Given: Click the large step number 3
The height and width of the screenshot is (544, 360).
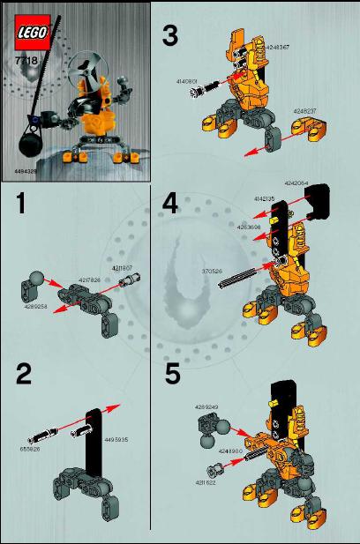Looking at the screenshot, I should click(x=170, y=36).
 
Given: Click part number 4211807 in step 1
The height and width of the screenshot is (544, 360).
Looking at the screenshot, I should click(x=122, y=267).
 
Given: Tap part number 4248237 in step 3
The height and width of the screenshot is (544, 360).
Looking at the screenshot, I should click(x=306, y=111).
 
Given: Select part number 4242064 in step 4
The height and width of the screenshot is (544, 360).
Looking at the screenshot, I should click(x=297, y=183).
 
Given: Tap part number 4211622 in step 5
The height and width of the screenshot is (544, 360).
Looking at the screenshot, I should click(x=206, y=483).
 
